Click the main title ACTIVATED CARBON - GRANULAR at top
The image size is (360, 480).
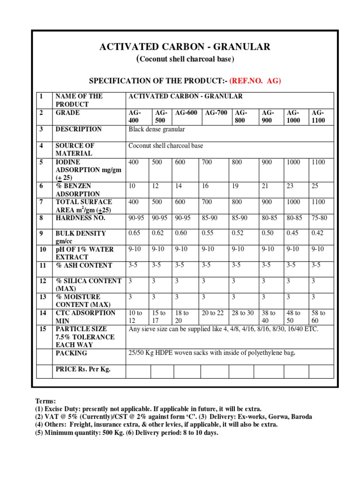(185, 46)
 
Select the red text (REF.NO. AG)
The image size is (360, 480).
(255, 81)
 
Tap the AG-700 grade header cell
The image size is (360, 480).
(211, 113)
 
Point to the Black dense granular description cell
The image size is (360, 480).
(157, 129)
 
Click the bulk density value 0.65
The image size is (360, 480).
(135, 233)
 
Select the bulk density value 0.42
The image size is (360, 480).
(318, 233)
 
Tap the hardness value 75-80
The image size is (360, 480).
(319, 218)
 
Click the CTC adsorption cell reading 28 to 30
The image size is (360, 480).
(242, 313)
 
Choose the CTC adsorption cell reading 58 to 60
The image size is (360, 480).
(319, 316)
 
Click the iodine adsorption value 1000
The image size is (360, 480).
(293, 162)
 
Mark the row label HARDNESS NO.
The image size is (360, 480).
(80, 218)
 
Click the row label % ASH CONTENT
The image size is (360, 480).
(83, 265)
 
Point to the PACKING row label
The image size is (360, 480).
(71, 353)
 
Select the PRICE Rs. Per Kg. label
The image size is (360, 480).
(83, 369)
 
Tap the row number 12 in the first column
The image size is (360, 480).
(43, 281)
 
